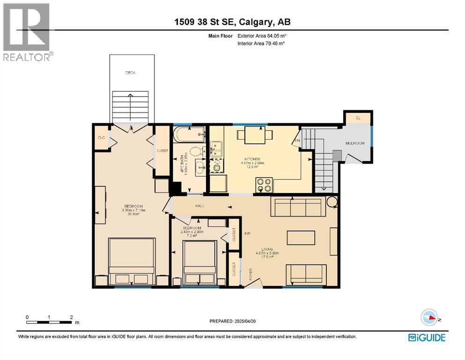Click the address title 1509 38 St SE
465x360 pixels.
coord(233,22)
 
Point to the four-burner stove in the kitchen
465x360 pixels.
coord(264,185)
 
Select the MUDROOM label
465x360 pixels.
coord(354,143)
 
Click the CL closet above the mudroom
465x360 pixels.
coord(358,118)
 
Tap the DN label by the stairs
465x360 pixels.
coord(297,141)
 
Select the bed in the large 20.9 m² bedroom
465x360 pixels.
coord(132,262)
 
